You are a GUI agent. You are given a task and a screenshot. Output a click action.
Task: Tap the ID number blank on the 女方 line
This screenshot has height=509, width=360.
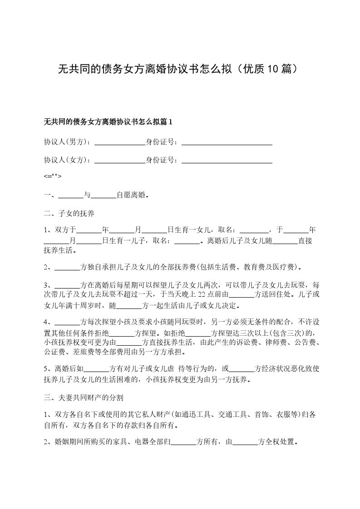click(x=227, y=160)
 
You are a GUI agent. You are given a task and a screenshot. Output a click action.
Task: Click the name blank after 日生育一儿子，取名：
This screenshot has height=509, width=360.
click(x=187, y=241)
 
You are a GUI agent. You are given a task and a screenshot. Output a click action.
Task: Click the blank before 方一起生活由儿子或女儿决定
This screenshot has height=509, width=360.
click(x=129, y=305)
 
